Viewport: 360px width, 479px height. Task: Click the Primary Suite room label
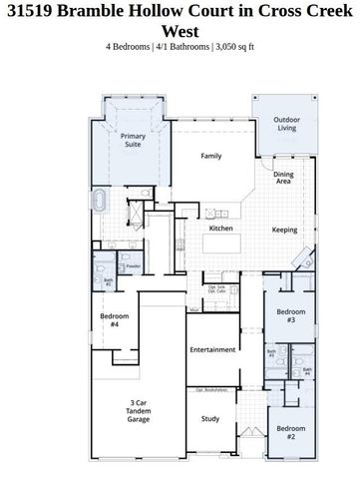(x=133, y=140)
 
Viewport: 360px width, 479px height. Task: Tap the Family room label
(x=210, y=156)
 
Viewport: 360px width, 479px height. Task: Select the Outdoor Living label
(x=287, y=124)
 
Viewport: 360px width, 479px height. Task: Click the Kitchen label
(x=220, y=229)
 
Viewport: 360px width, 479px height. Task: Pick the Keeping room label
(x=284, y=230)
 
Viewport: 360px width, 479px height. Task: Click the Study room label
(x=209, y=419)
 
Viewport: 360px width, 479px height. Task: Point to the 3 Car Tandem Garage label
(x=139, y=411)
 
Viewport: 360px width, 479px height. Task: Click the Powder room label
(x=133, y=266)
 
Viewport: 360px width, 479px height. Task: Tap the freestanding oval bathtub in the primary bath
(x=100, y=202)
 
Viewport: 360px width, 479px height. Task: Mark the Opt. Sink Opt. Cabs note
(x=218, y=289)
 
